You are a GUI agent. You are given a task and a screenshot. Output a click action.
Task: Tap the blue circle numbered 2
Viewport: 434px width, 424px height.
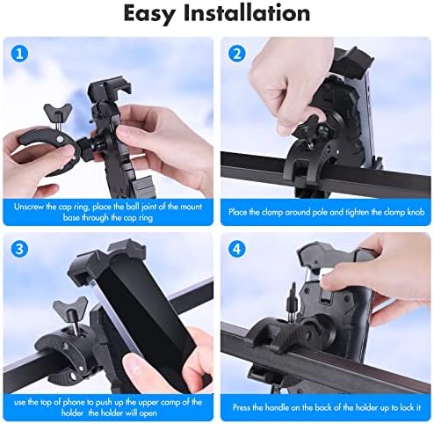click(235, 53)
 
